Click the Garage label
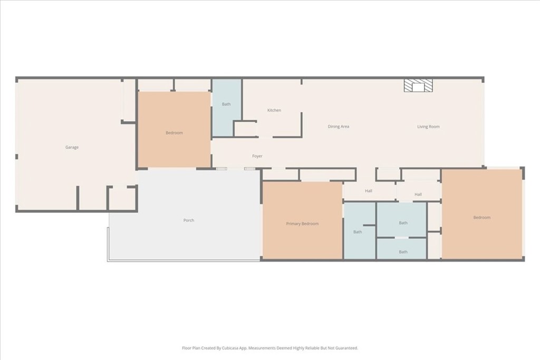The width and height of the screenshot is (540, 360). (x=72, y=148)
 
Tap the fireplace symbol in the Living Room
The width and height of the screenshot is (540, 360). (x=418, y=86)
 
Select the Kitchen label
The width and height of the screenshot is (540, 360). (x=274, y=110)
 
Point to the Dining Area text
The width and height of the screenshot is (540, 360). (x=338, y=127)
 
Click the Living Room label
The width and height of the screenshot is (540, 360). (x=428, y=127)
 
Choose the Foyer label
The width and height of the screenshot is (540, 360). (x=257, y=156)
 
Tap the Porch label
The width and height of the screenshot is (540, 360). (x=189, y=220)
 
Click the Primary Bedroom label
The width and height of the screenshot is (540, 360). (x=302, y=224)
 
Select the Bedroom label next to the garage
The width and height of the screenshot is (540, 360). (x=174, y=133)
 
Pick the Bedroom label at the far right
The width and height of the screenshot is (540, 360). (x=481, y=218)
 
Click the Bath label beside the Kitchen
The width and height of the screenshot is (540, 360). (x=226, y=104)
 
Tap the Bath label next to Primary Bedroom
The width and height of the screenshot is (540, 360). (x=358, y=232)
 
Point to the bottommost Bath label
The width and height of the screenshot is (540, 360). (x=403, y=252)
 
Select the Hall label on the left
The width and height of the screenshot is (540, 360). (x=369, y=191)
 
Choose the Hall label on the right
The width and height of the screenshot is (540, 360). (x=418, y=194)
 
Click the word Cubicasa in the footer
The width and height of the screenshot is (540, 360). (x=228, y=348)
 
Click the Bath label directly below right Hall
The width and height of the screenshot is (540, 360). (x=403, y=223)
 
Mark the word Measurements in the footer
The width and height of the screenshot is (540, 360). (x=263, y=348)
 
